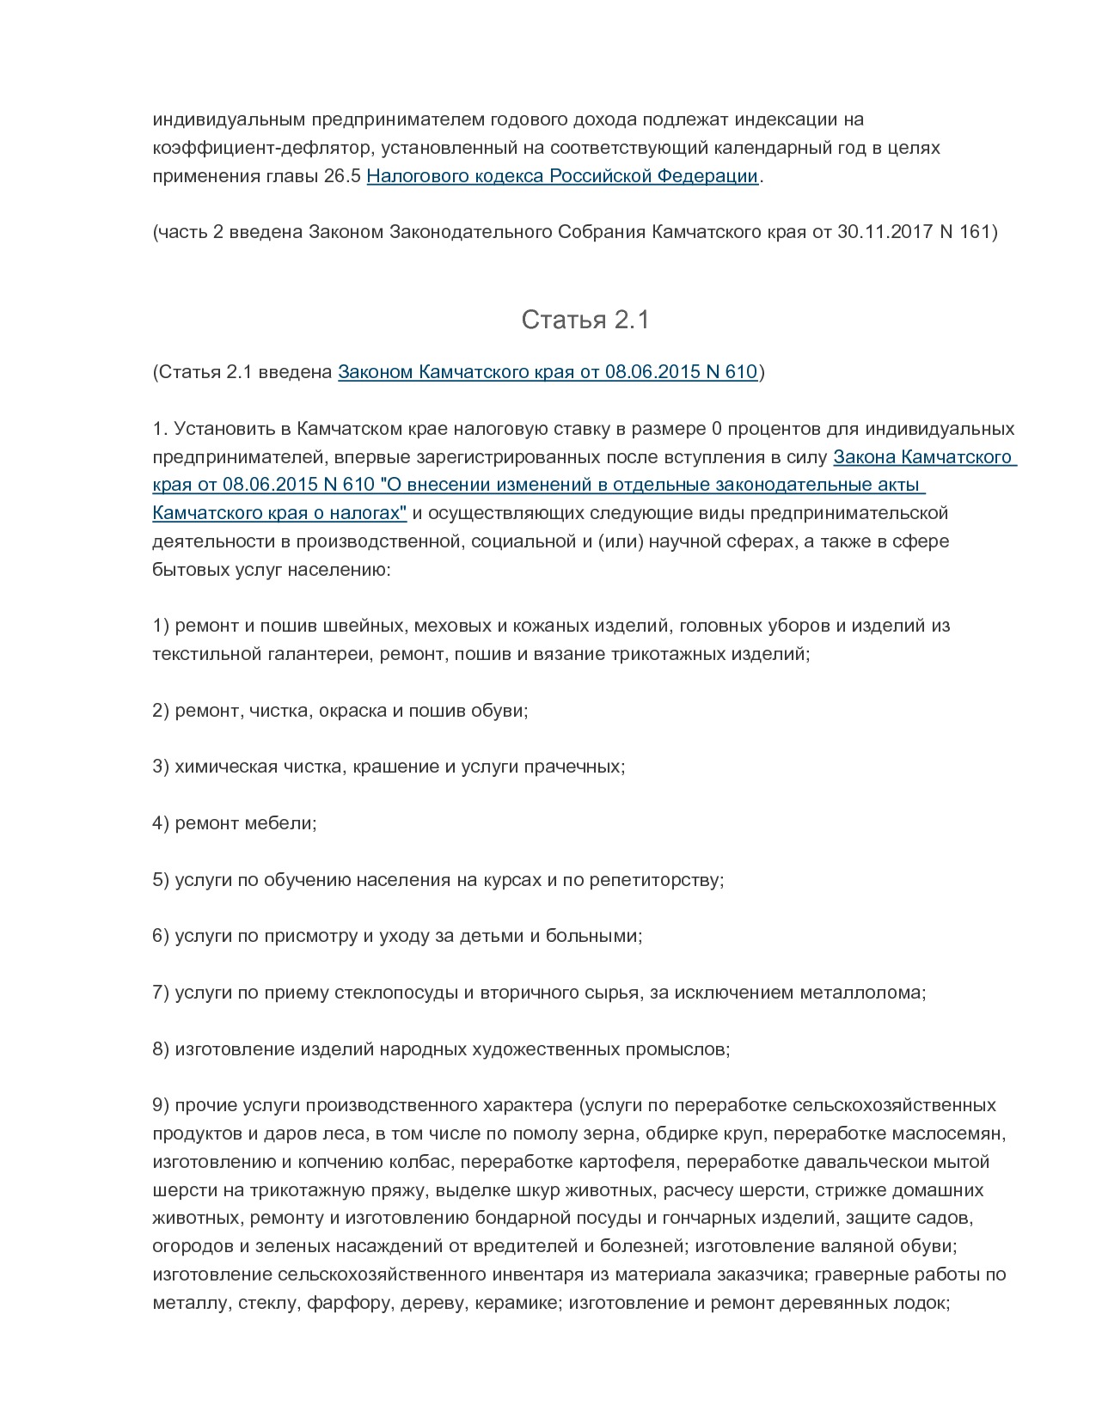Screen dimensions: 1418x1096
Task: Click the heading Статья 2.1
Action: click(x=585, y=321)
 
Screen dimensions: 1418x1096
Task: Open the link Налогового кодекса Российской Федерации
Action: click(x=562, y=176)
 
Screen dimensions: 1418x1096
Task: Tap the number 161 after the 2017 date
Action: click(x=975, y=232)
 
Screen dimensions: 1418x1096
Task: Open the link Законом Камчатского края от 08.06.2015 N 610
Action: click(x=547, y=372)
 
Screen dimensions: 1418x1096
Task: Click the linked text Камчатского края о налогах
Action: click(x=279, y=513)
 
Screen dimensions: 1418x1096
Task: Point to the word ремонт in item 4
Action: click(x=206, y=823)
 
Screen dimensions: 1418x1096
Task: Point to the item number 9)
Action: click(x=161, y=1105)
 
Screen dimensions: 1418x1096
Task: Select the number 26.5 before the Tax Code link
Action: click(x=343, y=176)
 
